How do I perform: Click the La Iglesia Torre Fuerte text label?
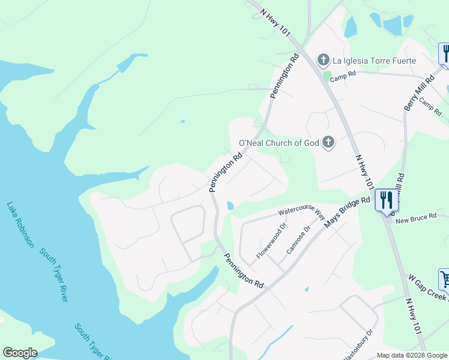click(382, 61)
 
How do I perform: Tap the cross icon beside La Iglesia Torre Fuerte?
click(324, 59)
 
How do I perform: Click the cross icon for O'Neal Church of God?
click(328, 142)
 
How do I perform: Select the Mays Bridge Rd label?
click(348, 212)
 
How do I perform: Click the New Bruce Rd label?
click(415, 218)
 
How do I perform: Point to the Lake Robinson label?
click(20, 224)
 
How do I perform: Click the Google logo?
click(20, 353)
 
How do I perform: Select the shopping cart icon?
click(445, 278)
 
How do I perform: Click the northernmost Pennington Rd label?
click(285, 77)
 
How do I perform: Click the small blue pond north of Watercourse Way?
click(231, 205)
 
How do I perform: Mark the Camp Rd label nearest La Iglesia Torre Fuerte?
click(344, 73)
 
